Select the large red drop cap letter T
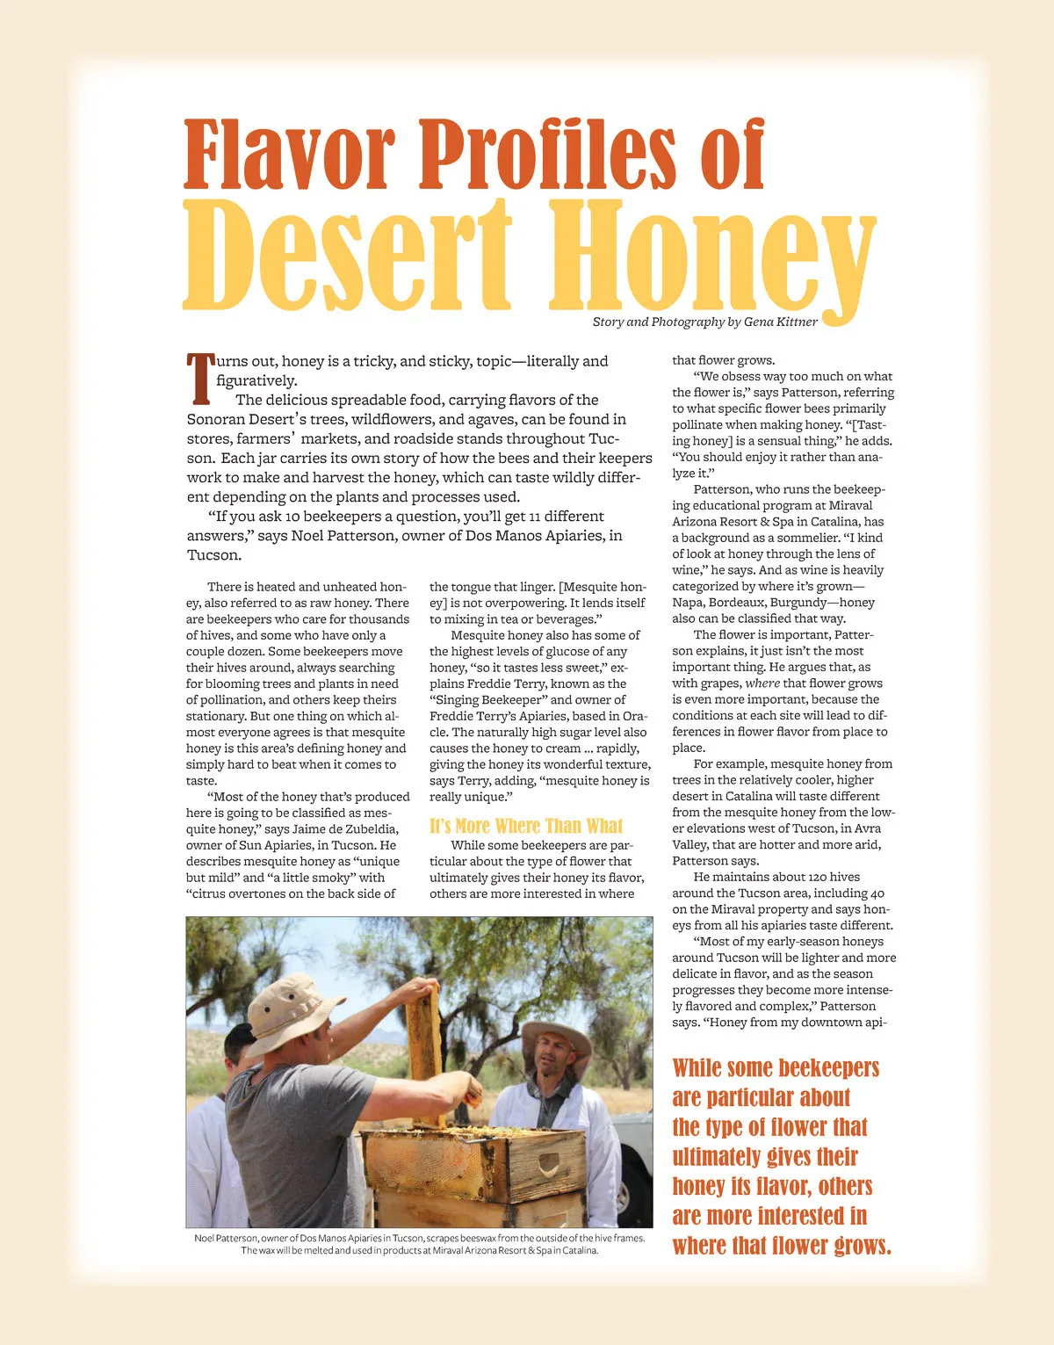[x=200, y=378]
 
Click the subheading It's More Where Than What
[x=526, y=826]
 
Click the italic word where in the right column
[x=762, y=683]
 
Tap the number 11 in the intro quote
[x=535, y=517]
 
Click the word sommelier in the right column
[x=805, y=538]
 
